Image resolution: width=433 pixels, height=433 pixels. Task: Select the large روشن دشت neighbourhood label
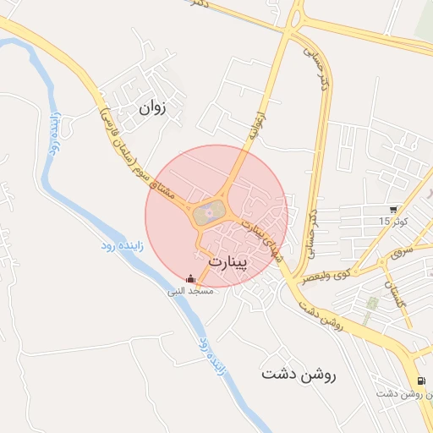(299, 374)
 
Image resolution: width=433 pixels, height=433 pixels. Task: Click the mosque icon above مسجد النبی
(190, 278)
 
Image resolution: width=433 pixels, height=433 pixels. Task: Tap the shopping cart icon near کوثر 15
(393, 210)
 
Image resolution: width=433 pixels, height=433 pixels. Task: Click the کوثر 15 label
(393, 222)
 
